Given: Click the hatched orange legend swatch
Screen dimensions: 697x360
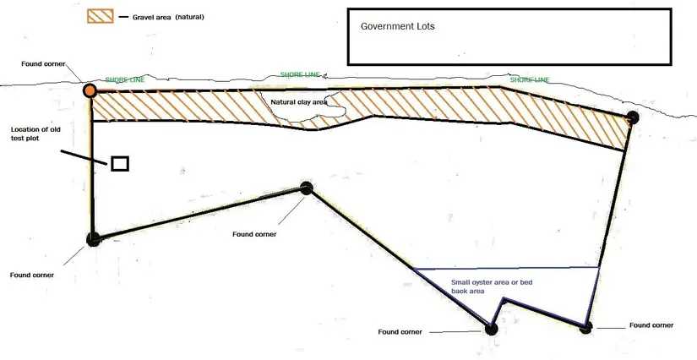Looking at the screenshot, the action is click(x=100, y=16).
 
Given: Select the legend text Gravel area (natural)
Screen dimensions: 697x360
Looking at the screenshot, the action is click(x=168, y=18).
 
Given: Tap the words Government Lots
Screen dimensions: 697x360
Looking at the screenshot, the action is click(x=397, y=26).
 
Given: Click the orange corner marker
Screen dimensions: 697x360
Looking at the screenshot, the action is click(x=90, y=90).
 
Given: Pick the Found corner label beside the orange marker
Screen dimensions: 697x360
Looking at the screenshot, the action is click(x=43, y=64).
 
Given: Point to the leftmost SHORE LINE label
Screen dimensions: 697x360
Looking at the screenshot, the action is click(x=125, y=80).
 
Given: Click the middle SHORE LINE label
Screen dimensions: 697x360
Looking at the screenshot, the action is click(x=300, y=74).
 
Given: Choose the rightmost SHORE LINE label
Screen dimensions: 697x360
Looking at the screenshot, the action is click(x=530, y=80).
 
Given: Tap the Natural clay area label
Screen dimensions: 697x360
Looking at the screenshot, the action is click(x=299, y=102).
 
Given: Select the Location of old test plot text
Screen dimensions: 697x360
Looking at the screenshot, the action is click(x=35, y=134).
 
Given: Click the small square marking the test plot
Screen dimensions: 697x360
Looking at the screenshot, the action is click(x=120, y=164).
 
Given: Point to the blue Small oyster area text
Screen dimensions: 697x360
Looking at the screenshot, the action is click(x=492, y=286).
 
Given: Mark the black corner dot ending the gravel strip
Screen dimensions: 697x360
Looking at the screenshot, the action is click(x=633, y=117).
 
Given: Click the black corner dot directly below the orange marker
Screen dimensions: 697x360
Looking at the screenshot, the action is click(x=93, y=239).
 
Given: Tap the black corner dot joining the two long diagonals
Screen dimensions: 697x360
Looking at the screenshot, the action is click(x=307, y=188).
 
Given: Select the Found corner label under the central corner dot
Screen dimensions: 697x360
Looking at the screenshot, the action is click(x=254, y=234).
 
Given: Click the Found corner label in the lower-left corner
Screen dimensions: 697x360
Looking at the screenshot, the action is click(x=31, y=275).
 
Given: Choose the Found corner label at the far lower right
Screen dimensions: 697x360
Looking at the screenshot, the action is click(x=651, y=325).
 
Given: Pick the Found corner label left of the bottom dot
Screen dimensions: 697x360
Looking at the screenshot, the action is click(x=400, y=332).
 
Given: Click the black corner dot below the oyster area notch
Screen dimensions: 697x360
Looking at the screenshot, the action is click(x=491, y=330).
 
